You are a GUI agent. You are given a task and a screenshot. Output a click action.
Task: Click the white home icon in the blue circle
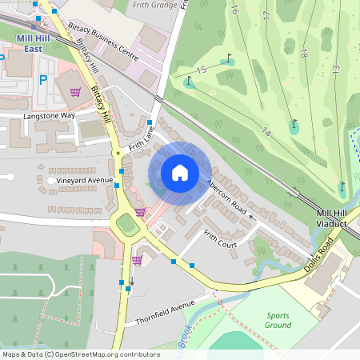(x=180, y=173)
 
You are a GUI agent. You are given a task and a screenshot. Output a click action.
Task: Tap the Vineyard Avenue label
(x=86, y=181)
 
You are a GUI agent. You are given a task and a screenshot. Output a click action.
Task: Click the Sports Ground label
(x=278, y=320)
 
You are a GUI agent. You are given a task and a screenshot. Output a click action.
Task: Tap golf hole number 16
(x=234, y=10)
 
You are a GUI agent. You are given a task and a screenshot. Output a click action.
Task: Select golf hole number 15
(x=200, y=71)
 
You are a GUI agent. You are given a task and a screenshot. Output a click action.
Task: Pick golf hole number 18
(x=303, y=53)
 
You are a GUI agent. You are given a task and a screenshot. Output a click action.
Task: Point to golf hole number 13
(x=335, y=70)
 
